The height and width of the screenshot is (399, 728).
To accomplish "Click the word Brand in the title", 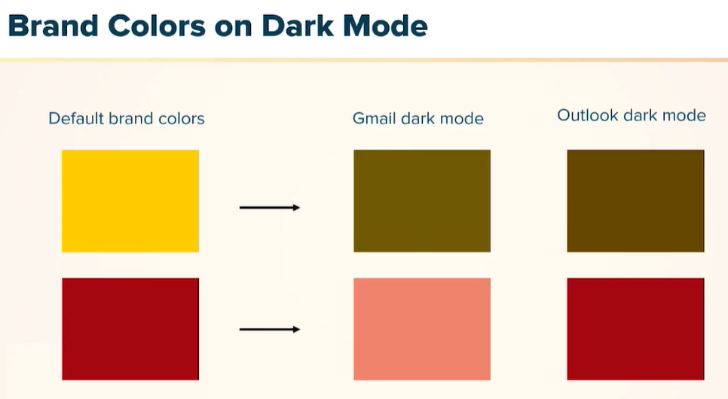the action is (x=53, y=26).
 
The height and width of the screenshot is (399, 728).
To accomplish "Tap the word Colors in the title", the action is (x=157, y=26).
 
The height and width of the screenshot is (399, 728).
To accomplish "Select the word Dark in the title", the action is (x=298, y=26).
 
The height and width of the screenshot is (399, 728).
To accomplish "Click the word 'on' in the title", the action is (x=234, y=29).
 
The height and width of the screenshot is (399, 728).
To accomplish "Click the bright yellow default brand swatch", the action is (x=130, y=201).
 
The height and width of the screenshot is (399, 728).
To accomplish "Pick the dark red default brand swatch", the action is (x=130, y=329).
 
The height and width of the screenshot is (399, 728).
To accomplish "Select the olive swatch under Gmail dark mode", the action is (x=422, y=201).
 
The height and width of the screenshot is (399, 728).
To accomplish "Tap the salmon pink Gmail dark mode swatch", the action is (x=422, y=329).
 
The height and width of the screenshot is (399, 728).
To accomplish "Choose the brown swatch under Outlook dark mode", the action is (x=635, y=201).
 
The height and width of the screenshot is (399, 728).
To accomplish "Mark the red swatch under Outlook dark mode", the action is (x=635, y=329).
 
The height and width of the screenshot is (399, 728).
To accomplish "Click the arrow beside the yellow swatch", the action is (x=270, y=207).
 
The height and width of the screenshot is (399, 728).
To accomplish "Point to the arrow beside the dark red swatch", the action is (x=270, y=330).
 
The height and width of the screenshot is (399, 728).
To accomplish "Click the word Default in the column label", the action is (x=76, y=118).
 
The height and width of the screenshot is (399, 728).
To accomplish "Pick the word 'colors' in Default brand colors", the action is (x=182, y=119).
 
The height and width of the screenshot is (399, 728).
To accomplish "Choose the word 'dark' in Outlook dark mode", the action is (x=640, y=115).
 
